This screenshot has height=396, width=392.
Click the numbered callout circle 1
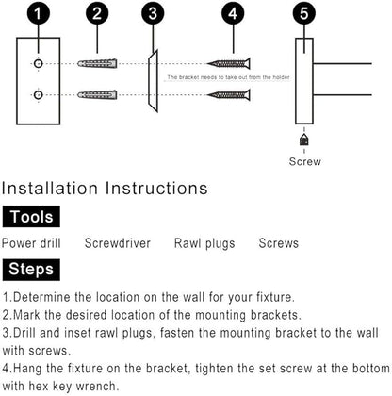click(x=38, y=13)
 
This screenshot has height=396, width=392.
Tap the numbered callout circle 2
click(x=97, y=13)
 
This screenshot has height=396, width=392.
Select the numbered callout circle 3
click(x=153, y=13)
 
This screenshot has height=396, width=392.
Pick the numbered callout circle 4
click(x=233, y=13)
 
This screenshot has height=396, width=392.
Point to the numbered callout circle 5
click(x=304, y=13)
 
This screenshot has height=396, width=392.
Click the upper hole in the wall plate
click(x=39, y=64)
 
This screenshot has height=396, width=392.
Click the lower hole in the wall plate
click(x=39, y=94)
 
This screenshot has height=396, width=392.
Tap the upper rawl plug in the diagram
click(x=97, y=64)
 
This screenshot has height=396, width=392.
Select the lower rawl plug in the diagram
click(x=97, y=94)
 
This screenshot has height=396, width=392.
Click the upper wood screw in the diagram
click(x=229, y=64)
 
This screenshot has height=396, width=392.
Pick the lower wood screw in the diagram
click(x=229, y=95)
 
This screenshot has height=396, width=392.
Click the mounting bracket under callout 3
click(x=153, y=81)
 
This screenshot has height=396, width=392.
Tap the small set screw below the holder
click(x=304, y=140)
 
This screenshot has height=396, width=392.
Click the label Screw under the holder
click(x=305, y=161)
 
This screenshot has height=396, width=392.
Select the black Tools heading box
click(x=31, y=217)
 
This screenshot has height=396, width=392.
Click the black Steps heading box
click(x=31, y=270)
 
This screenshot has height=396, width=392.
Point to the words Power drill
click(x=31, y=243)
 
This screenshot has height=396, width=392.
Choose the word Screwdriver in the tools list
click(x=118, y=243)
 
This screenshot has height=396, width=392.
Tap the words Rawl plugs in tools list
click(x=204, y=243)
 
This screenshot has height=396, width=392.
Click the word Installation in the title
click(x=50, y=188)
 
